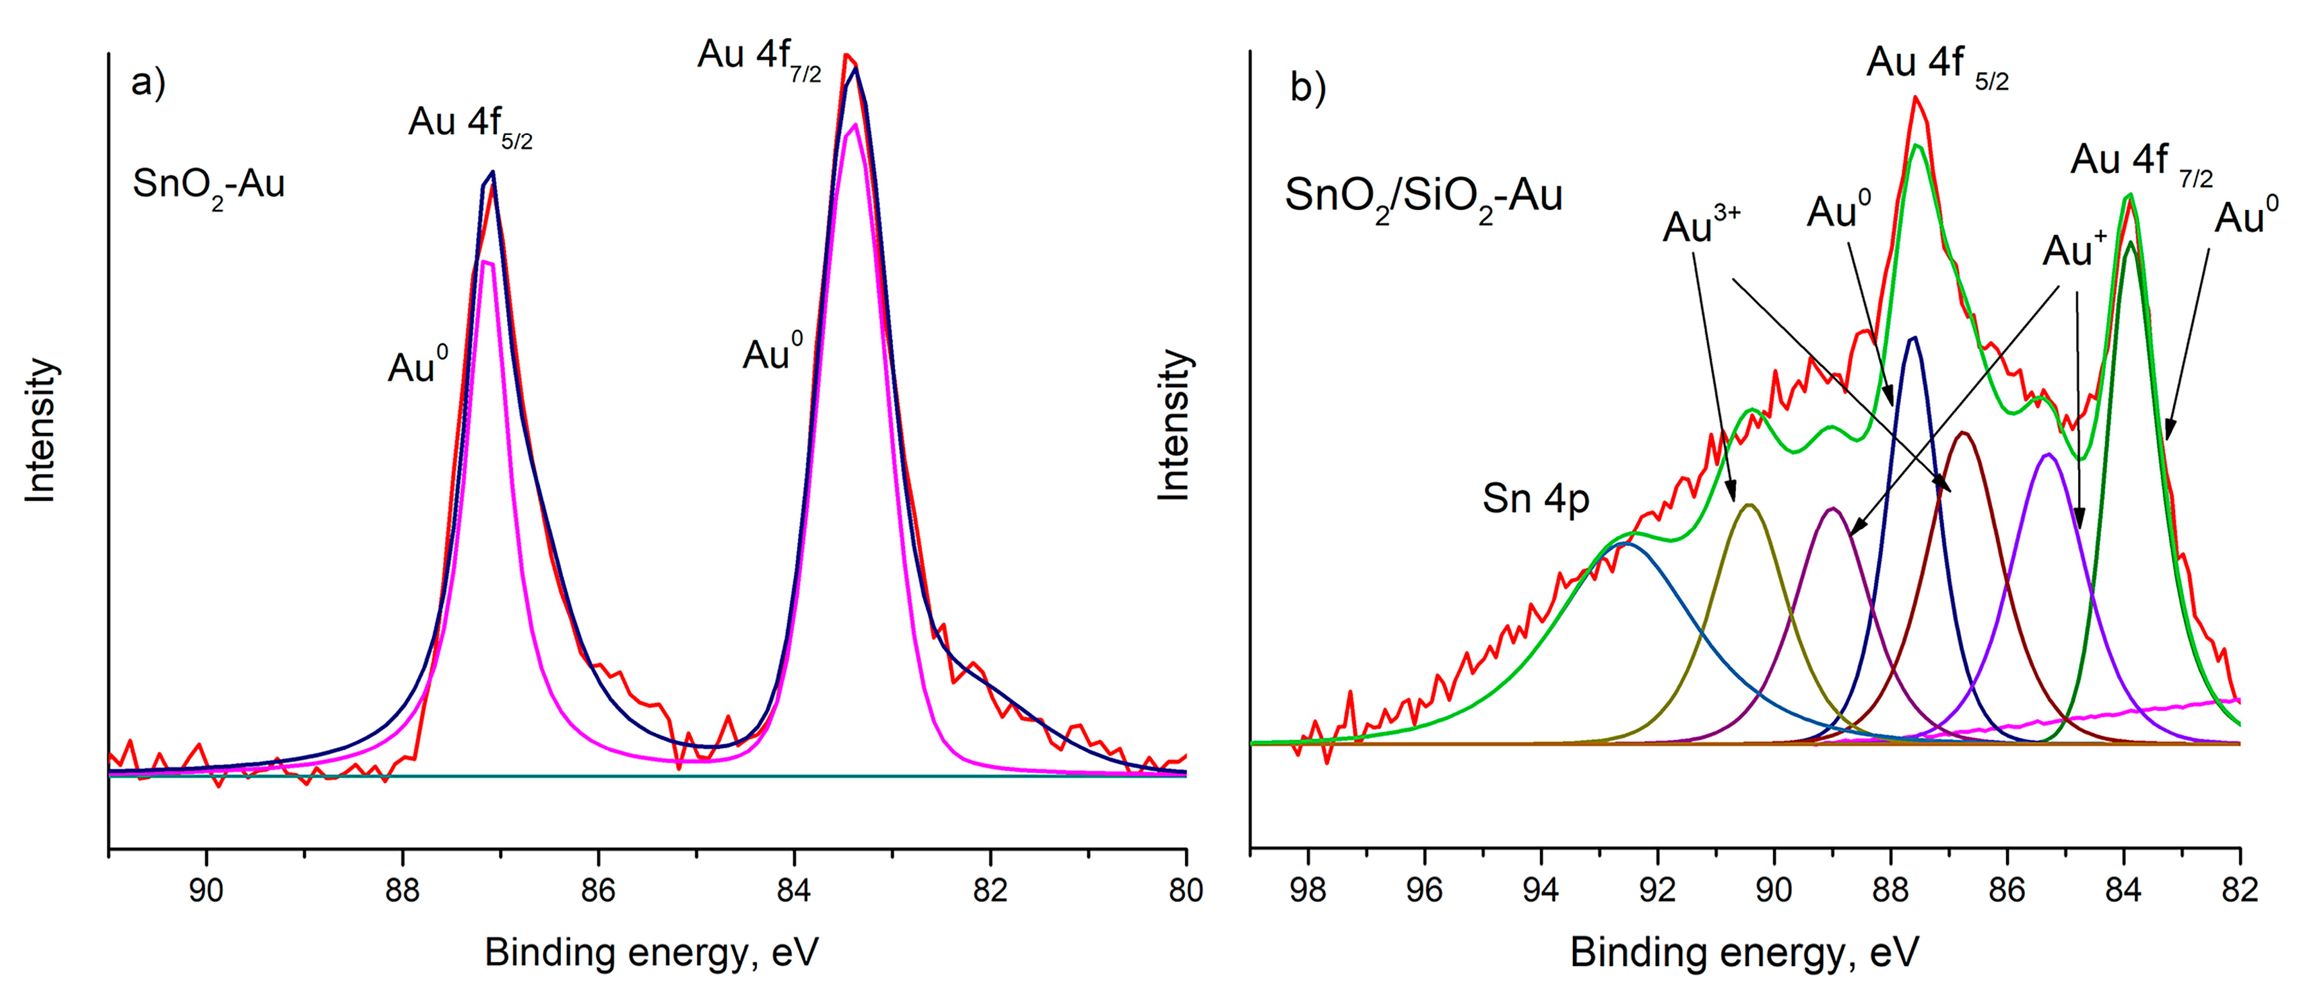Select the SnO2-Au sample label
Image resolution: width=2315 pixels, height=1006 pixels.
(209, 186)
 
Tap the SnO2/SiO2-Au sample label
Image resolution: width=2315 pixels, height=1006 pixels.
(1423, 197)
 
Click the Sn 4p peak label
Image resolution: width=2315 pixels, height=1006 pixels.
(1535, 499)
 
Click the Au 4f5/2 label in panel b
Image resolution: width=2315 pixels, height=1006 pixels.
(1937, 65)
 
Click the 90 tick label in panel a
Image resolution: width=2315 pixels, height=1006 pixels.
(207, 890)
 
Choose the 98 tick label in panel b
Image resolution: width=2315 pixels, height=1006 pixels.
(1308, 890)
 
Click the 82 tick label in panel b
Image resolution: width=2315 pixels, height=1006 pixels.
(2239, 890)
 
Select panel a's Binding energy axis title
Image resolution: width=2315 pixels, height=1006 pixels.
(652, 953)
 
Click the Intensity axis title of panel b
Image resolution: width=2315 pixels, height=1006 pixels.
(1174, 425)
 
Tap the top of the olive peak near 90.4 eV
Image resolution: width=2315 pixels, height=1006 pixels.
(1749, 505)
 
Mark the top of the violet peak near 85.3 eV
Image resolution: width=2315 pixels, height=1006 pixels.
(2047, 455)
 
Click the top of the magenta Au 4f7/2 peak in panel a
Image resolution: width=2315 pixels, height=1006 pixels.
(854, 125)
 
